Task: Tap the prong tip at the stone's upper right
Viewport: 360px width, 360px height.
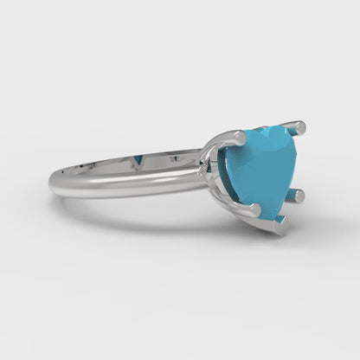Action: [x=300, y=130]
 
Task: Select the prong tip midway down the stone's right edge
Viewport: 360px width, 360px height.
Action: [x=297, y=196]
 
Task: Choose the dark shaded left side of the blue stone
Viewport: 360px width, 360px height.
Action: [x=230, y=173]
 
